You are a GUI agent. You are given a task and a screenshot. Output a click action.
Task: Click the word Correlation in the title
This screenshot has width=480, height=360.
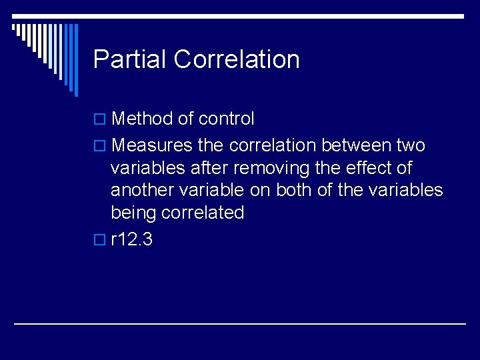[237, 59]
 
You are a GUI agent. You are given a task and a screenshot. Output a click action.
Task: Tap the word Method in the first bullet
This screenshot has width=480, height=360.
[142, 119]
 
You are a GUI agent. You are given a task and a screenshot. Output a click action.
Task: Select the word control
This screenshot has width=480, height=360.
[225, 119]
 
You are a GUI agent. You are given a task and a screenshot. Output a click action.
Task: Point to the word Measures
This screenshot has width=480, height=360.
[151, 145]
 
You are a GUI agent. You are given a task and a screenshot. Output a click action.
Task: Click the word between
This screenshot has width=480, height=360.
[358, 145]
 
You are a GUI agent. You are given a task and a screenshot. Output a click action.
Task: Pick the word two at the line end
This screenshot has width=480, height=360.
[411, 145]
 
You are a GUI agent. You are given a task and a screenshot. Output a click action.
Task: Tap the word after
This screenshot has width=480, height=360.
[206, 168]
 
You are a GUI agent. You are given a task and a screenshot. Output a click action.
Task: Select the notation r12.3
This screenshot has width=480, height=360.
[131, 239]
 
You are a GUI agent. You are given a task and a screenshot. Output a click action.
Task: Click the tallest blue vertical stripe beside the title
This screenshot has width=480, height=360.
[75, 60]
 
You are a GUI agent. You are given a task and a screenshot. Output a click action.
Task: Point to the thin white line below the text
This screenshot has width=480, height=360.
[240, 323]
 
